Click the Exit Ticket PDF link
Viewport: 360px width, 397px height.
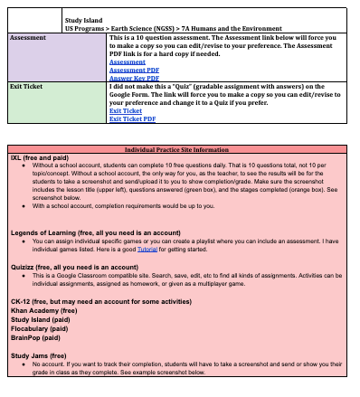131,118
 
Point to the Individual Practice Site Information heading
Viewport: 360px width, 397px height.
179,148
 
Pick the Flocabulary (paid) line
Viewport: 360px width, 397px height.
43,326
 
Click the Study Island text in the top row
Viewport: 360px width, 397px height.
82,17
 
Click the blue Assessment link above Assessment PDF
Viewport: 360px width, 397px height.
126,61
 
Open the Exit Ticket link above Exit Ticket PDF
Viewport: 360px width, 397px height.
125,109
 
